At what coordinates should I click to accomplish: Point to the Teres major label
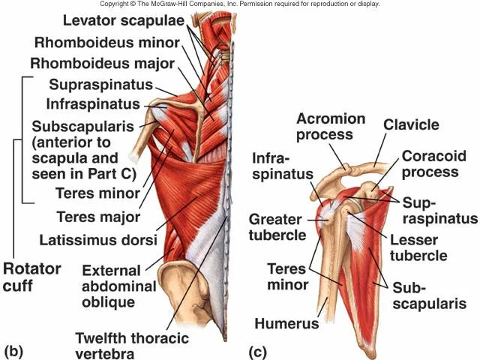(x=98, y=217)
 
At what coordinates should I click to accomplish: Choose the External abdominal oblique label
(x=118, y=286)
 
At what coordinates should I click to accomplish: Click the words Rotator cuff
(x=32, y=276)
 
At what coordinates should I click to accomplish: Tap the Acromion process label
(x=331, y=127)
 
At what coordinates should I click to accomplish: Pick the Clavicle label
(x=412, y=124)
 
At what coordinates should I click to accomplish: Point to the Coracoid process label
(x=429, y=164)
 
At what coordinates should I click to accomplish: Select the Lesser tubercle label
(x=418, y=247)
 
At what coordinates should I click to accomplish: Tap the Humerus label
(x=286, y=325)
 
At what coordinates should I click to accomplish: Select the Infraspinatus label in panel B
(x=93, y=103)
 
